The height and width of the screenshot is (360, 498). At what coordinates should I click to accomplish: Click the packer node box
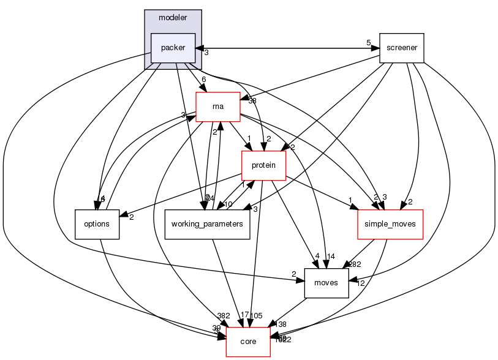[173, 48]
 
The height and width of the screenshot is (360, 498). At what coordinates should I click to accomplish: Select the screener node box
[402, 48]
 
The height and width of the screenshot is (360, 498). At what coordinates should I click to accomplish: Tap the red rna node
[217, 107]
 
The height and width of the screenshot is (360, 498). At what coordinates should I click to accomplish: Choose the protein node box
[264, 165]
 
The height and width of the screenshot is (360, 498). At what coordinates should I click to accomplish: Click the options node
[97, 224]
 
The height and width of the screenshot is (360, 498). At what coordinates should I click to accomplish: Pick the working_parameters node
[208, 224]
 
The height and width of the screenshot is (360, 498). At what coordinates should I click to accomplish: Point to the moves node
[326, 283]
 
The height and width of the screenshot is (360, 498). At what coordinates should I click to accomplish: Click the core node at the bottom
[248, 342]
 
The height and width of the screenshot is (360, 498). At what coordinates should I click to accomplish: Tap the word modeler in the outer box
[173, 17]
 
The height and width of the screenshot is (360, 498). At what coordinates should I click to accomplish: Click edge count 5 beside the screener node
[368, 42]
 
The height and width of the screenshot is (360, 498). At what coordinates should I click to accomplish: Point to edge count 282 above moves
[356, 264]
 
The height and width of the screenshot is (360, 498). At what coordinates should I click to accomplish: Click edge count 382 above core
[224, 315]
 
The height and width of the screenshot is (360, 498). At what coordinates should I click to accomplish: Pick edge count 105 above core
[256, 316]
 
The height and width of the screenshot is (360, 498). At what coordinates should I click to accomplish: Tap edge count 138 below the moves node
[282, 323]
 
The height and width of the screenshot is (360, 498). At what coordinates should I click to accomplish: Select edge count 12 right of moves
[360, 283]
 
